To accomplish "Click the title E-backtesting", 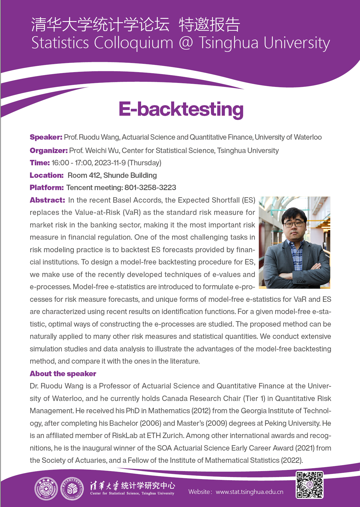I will (181, 109).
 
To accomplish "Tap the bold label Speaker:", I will (46, 137).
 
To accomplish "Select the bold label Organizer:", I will (49, 150).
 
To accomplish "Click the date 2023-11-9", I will (110, 163).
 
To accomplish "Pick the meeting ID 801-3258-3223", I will (150, 188).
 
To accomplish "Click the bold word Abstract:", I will (47, 200).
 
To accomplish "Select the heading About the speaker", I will (63, 374).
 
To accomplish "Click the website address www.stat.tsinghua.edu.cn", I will (249, 492).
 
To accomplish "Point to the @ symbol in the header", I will (186, 43).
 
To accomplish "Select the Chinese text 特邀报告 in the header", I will (209, 25).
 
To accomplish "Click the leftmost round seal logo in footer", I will (46, 489).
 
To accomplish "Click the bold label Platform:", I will (47, 188).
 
